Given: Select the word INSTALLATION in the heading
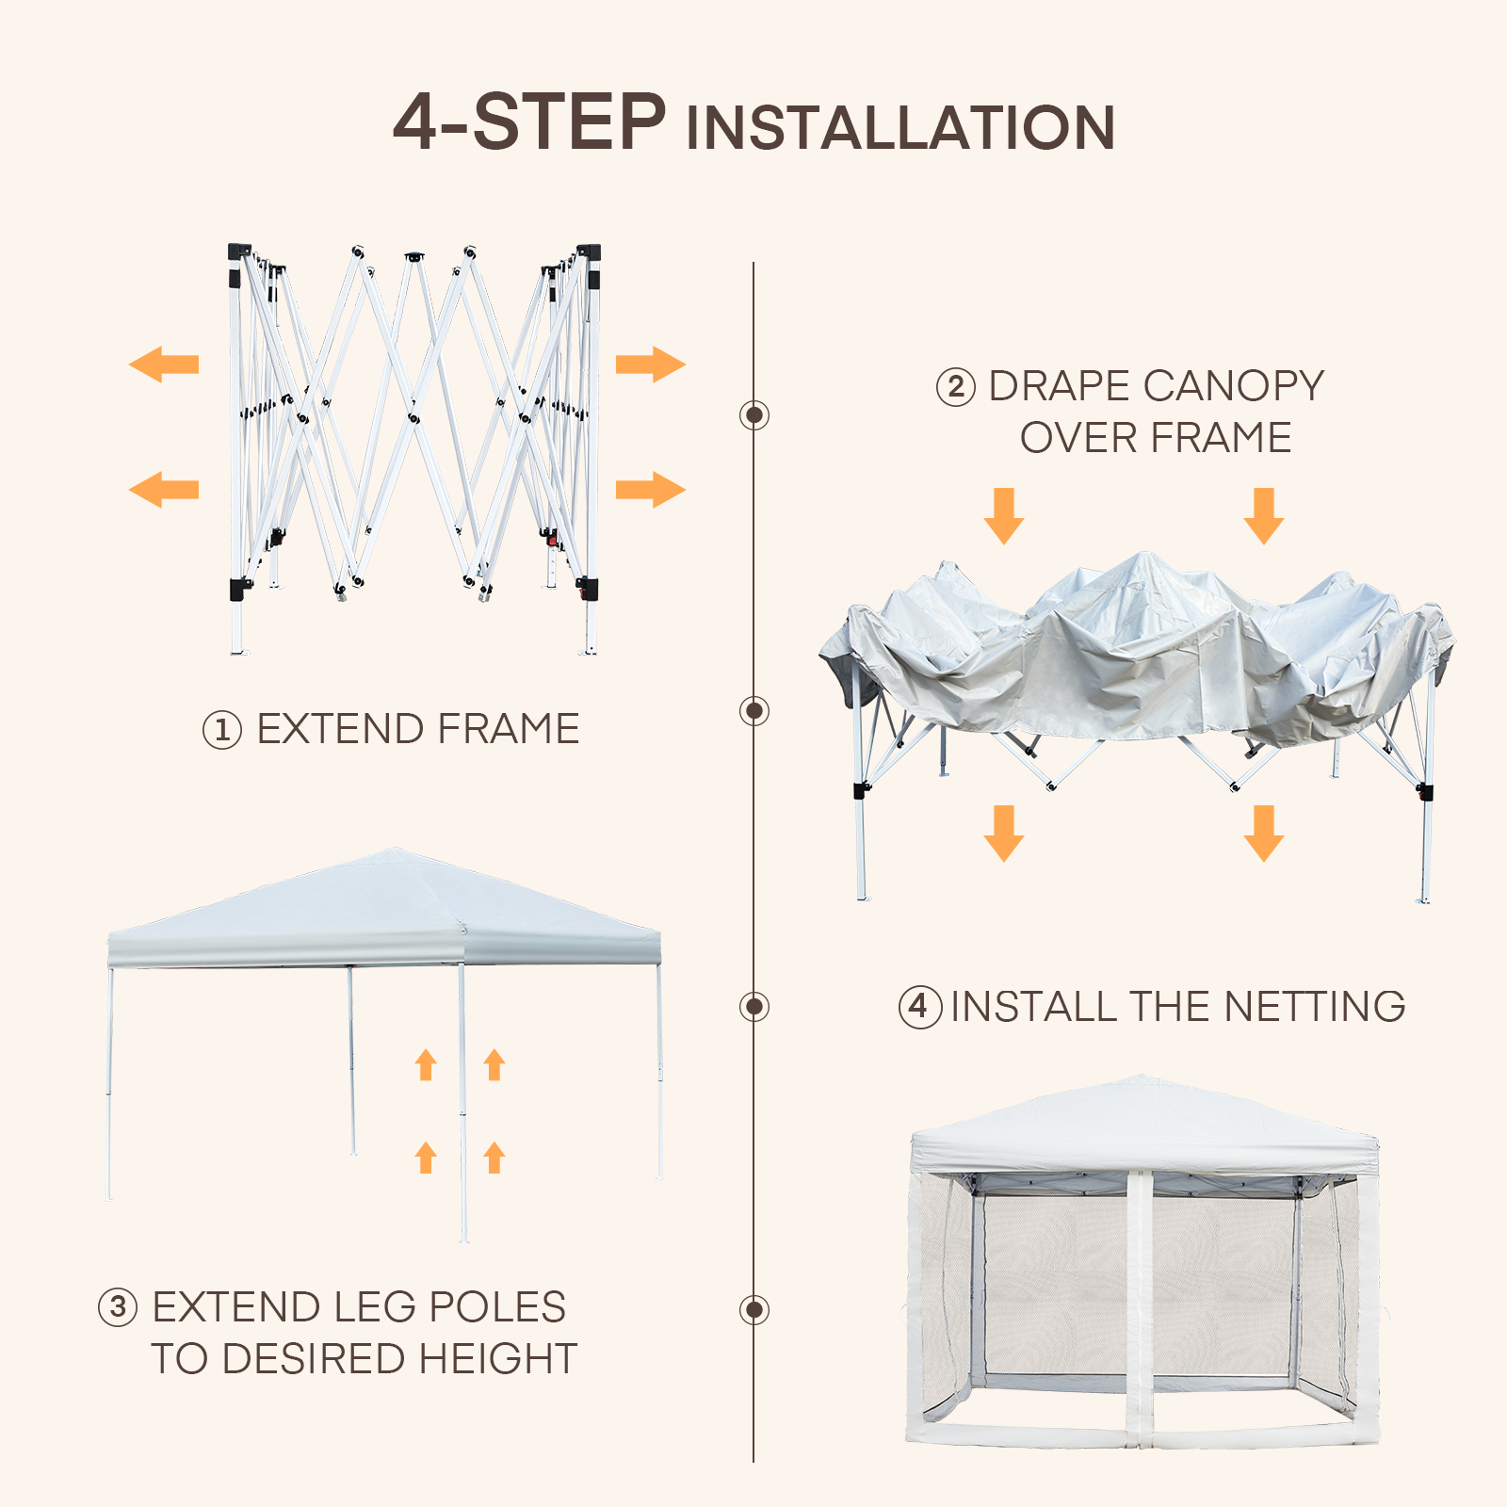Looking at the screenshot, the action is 901,128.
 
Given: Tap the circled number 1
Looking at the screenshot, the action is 222,730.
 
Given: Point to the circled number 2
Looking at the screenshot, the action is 955,387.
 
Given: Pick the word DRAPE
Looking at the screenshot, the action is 1060,386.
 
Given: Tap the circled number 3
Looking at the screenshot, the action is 118,1307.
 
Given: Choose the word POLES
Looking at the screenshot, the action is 497,1307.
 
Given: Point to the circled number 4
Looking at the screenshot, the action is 919,1007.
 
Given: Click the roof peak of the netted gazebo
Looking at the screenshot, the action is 1142,1078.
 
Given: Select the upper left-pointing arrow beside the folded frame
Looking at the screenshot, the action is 164,365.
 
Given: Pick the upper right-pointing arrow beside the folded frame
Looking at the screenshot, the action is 651,365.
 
